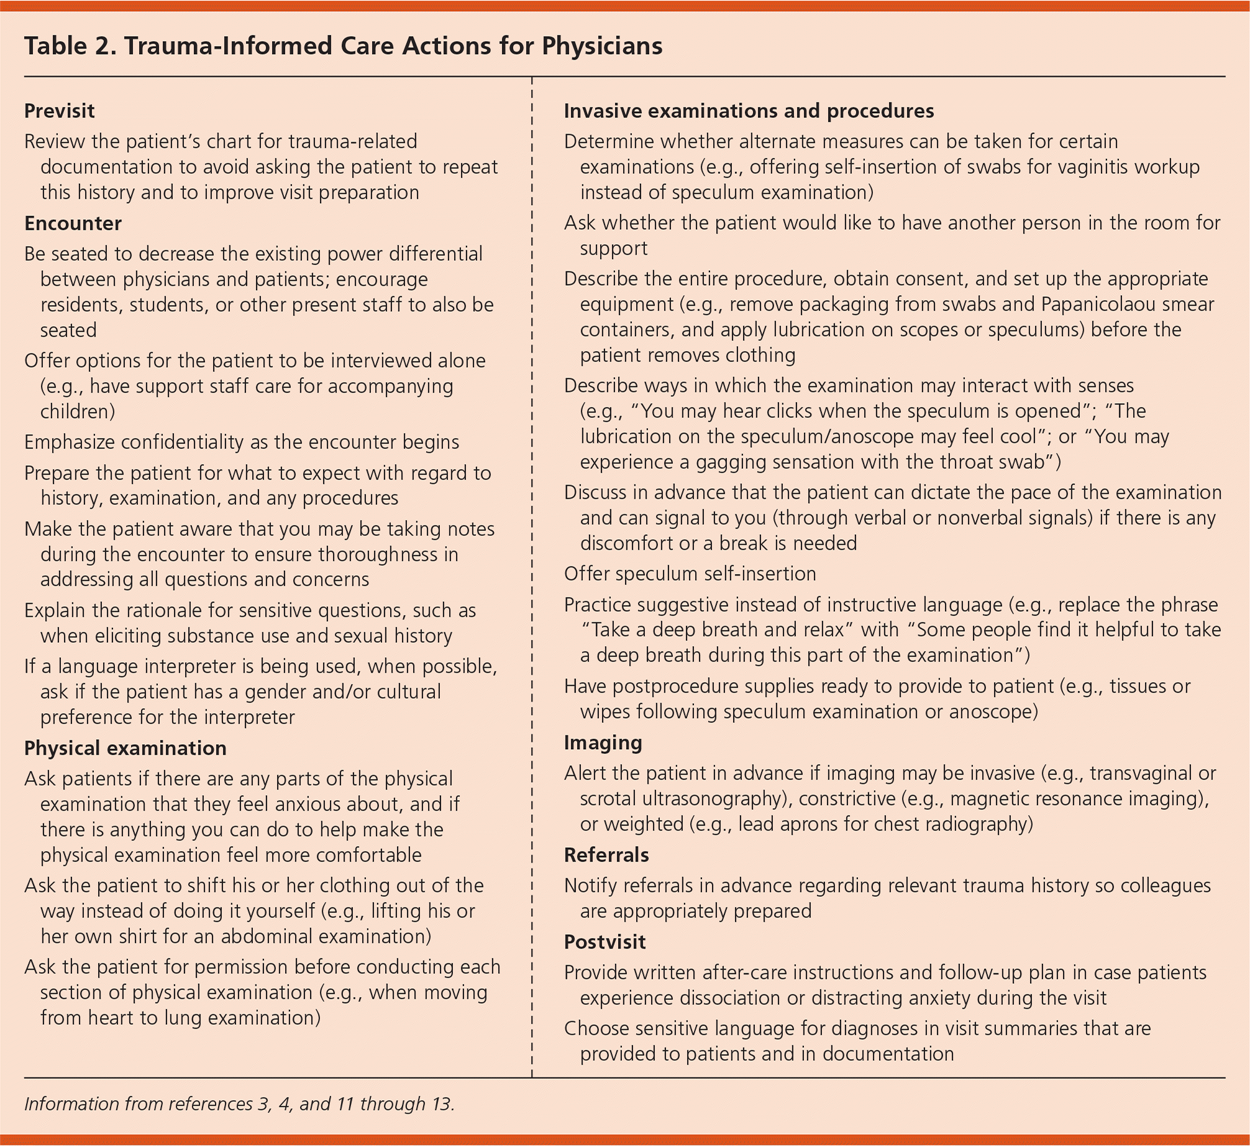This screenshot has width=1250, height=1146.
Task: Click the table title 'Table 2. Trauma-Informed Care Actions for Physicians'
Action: pos(343,46)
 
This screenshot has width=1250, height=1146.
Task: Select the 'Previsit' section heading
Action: pos(59,111)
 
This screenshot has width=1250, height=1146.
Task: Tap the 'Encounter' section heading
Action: pos(73,223)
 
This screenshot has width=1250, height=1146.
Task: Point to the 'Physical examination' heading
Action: pos(125,748)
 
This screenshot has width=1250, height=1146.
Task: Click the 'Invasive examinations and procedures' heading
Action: pos(749,111)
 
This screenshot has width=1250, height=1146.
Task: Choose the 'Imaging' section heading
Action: pos(603,742)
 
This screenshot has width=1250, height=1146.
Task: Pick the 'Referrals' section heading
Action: pos(606,855)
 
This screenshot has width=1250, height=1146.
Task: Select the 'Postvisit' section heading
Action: pos(604,942)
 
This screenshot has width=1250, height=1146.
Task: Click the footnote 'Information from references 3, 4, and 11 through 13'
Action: pos(239,1104)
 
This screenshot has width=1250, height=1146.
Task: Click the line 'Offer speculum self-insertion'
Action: pos(690,573)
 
